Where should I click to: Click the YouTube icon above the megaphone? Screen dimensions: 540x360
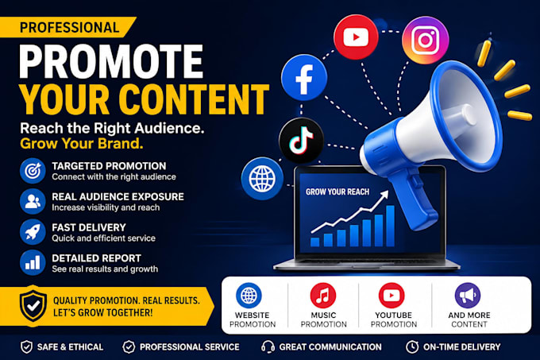tap(356, 37)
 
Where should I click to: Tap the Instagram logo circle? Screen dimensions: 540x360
tap(426, 40)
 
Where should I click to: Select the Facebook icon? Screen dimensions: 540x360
tap(303, 78)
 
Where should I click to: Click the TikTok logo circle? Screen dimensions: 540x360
tap(301, 140)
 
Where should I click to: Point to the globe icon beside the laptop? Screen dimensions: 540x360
tap(262, 179)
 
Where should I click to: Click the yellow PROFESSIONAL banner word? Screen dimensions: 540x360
tap(70, 28)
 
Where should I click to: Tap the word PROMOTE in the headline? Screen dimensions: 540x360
tap(111, 62)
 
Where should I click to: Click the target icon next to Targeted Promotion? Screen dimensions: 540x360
tap(33, 171)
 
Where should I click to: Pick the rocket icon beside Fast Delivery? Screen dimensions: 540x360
tap(33, 232)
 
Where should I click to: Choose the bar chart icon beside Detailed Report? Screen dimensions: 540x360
tap(33, 262)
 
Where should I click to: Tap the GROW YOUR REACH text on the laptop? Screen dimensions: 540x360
tap(337, 192)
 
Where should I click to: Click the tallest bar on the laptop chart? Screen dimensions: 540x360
tap(390, 226)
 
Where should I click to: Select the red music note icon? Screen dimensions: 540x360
tap(322, 296)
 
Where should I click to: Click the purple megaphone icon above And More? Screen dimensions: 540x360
tap(467, 296)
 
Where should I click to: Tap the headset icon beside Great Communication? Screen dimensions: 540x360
tap(268, 347)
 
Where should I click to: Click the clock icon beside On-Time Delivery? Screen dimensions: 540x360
tap(412, 347)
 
